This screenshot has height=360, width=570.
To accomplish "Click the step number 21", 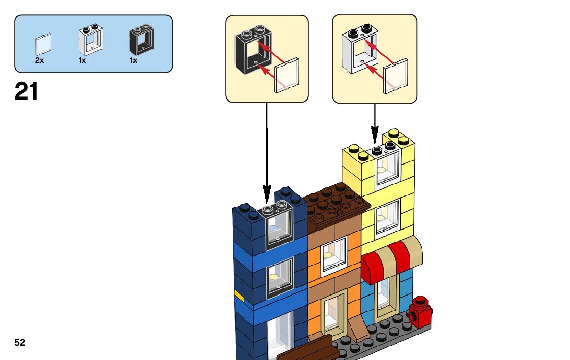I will pyautogui.click(x=26, y=92).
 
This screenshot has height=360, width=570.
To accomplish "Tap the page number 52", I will pyautogui.click(x=20, y=343).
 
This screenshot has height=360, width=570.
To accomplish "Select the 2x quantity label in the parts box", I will pyautogui.click(x=39, y=60).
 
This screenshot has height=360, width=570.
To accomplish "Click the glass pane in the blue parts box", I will pyautogui.click(x=43, y=45).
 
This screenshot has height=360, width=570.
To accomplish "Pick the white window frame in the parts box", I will pyautogui.click(x=90, y=41).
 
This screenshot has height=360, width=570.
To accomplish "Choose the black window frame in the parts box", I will pyautogui.click(x=141, y=40).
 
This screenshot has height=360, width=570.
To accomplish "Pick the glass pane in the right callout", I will pyautogui.click(x=395, y=76).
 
